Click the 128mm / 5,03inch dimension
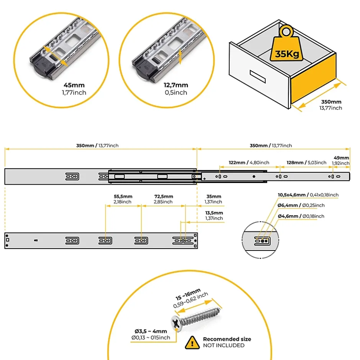[306, 162]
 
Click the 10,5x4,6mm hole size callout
[308, 195]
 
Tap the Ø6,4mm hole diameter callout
[301, 205]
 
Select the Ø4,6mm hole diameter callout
[301, 216]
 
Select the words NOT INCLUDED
[223, 345]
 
